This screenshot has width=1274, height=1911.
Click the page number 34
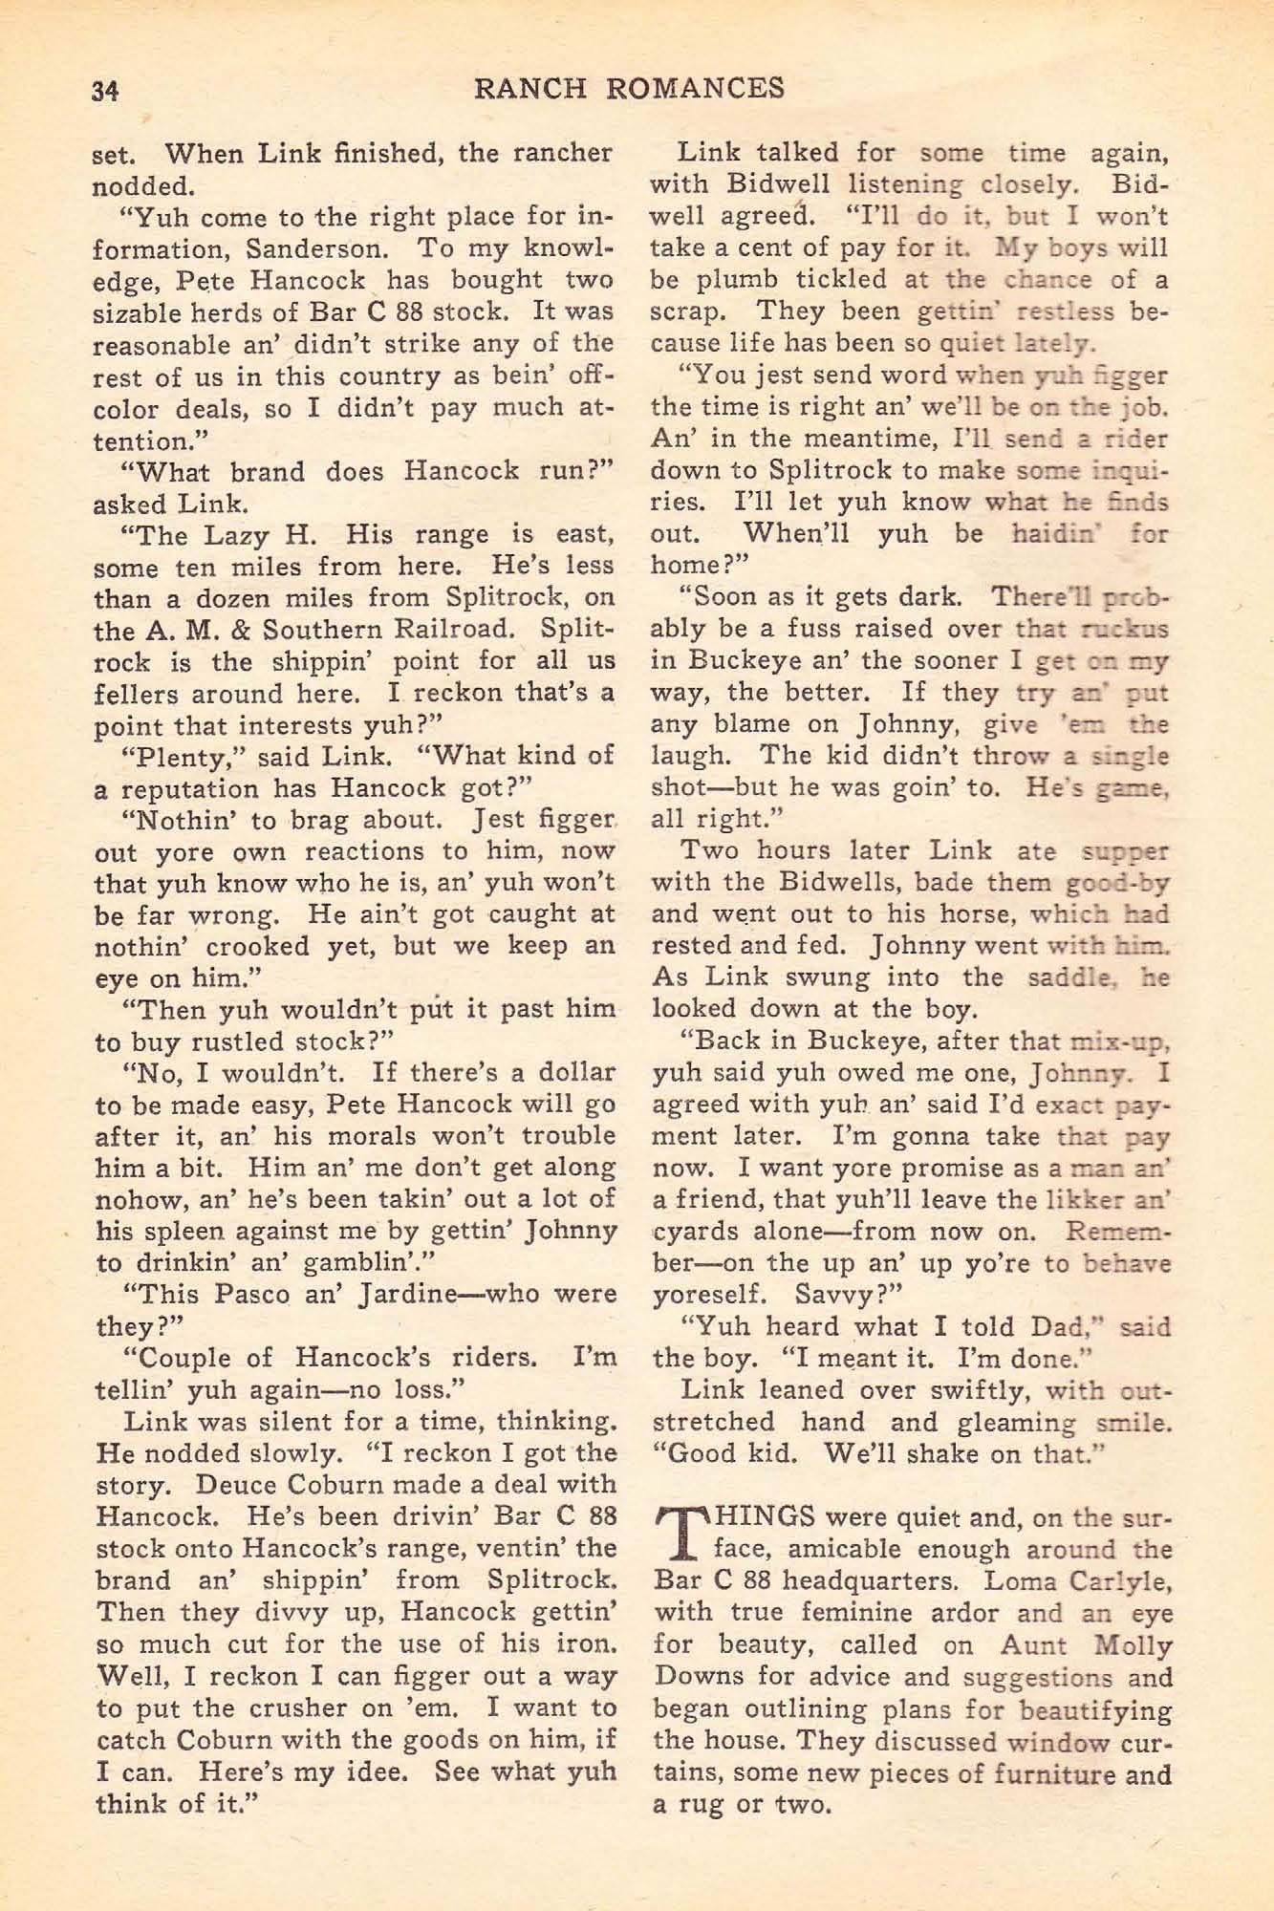103,90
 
